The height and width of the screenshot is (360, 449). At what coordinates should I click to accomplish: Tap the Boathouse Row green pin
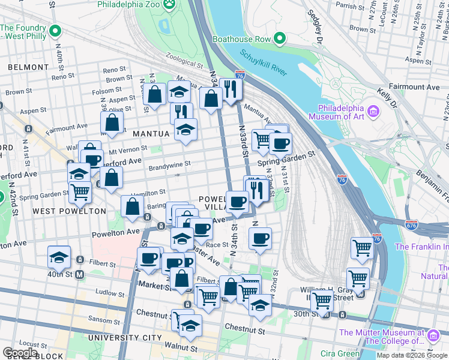(x=279, y=40)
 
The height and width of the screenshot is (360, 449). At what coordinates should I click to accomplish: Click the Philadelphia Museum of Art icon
(x=373, y=112)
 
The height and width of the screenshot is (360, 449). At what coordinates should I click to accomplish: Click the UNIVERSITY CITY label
(x=125, y=338)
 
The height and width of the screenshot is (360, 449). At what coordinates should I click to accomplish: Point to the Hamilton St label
(x=148, y=192)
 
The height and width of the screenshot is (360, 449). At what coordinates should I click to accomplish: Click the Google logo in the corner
(x=20, y=353)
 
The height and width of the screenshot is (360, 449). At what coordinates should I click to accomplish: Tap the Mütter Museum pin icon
(x=432, y=333)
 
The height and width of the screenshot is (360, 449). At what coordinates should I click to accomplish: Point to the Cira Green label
(x=340, y=353)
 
